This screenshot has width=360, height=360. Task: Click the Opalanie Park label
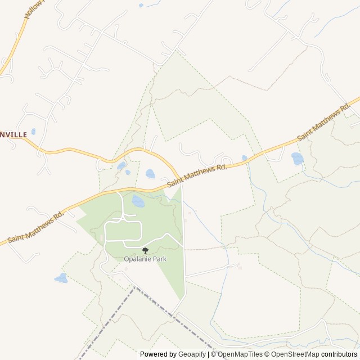tap(146, 259)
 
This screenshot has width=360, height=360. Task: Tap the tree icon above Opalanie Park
tap(146, 250)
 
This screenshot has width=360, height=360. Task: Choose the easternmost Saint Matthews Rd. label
tap(323, 122)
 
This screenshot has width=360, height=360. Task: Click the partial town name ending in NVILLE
tap(13, 135)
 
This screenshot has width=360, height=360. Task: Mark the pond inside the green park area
tap(137, 200)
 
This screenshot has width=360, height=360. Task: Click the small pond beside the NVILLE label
tap(33, 132)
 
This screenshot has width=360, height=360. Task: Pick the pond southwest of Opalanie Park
tap(61, 278)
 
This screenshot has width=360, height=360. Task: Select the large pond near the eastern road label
tap(297, 159)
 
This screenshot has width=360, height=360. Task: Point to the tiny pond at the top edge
tap(141, 5)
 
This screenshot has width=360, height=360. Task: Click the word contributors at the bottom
tap(339, 354)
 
